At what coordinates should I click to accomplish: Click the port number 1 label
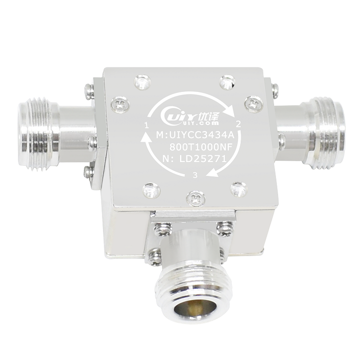[x=146, y=125]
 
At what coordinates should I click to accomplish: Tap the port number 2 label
[x=239, y=124]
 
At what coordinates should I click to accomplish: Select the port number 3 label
[x=195, y=175]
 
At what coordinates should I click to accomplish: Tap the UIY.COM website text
[x=204, y=123]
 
